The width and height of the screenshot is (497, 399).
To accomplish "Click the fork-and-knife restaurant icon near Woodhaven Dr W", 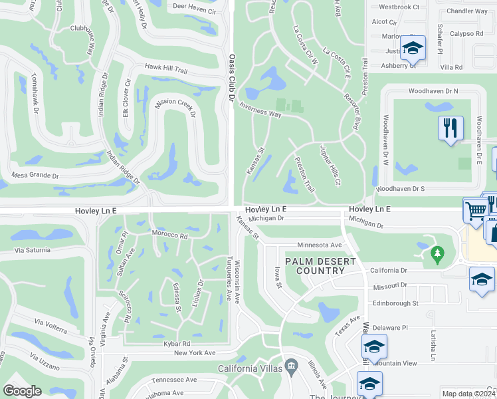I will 450,128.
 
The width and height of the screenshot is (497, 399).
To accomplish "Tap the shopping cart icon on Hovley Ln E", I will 476,209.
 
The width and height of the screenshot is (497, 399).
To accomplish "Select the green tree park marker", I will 437,253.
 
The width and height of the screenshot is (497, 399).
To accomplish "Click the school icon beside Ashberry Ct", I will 413,48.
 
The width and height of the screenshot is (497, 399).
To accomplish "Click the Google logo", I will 22,391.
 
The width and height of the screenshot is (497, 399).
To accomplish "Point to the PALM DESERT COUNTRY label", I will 315,266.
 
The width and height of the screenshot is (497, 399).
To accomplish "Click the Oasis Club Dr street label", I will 232,78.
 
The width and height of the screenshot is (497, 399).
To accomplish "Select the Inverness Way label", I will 260,110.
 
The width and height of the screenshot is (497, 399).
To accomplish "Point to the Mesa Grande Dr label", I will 35,176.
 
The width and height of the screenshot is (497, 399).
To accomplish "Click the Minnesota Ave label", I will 319,245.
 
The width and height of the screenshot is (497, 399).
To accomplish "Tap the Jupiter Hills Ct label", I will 330,164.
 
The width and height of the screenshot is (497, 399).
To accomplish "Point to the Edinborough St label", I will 395,303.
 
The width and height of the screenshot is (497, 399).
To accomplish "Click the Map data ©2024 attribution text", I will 468,394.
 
